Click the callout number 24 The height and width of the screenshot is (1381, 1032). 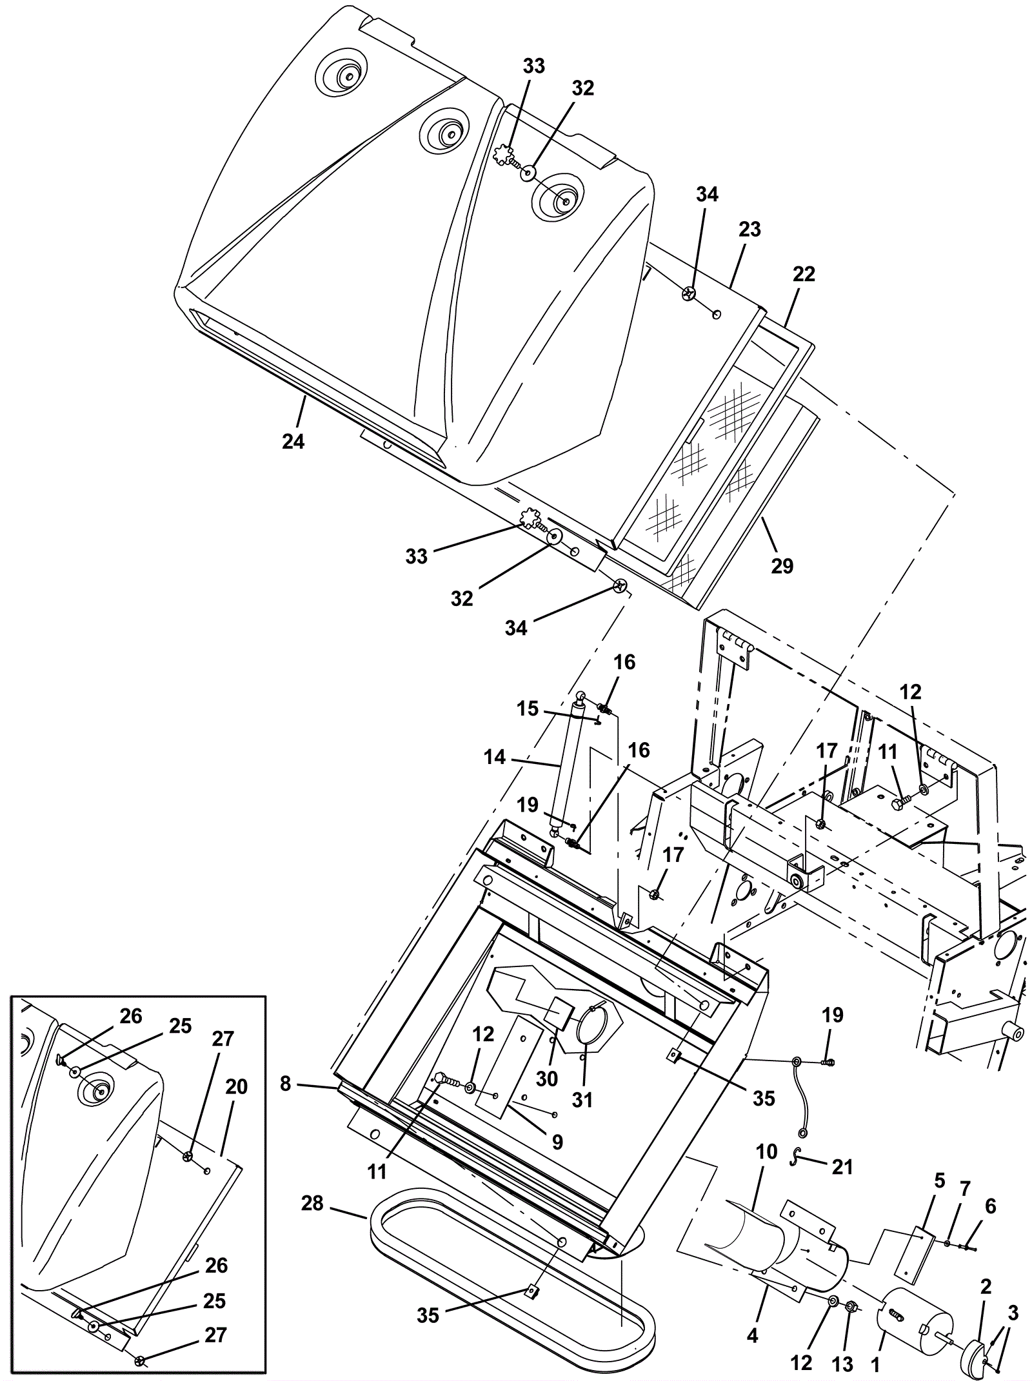click(293, 442)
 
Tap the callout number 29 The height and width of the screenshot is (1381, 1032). click(782, 566)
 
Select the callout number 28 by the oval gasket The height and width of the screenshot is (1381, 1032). click(313, 1203)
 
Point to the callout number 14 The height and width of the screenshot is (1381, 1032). click(495, 757)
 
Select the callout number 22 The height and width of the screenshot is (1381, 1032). click(804, 274)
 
